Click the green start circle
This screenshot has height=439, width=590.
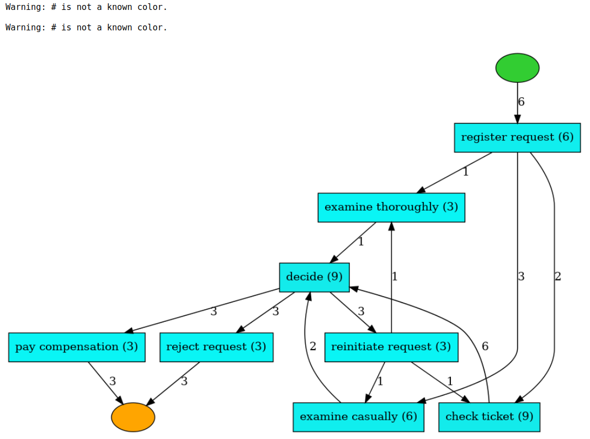pyautogui.click(x=517, y=68)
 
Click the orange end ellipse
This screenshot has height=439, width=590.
pyautogui.click(x=133, y=417)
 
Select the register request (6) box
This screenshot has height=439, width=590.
pyautogui.click(x=517, y=137)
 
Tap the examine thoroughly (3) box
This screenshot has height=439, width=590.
pyautogui.click(x=391, y=208)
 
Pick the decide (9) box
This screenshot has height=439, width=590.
pyautogui.click(x=314, y=277)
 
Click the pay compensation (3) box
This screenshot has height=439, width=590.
pyautogui.click(x=77, y=347)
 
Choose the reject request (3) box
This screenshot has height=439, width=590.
pyautogui.click(x=216, y=347)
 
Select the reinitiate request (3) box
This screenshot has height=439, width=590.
pyautogui.click(x=391, y=347)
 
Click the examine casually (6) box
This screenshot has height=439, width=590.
pyautogui.click(x=358, y=417)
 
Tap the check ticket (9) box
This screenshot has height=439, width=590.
pyautogui.click(x=489, y=417)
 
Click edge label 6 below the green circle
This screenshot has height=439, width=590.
pyautogui.click(x=522, y=102)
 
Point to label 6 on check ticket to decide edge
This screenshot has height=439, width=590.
pyautogui.click(x=485, y=347)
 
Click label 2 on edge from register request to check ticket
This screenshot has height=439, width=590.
pyautogui.click(x=558, y=277)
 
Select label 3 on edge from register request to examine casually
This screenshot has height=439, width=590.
pyautogui.click(x=522, y=277)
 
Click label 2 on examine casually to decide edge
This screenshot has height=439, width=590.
pyautogui.click(x=313, y=347)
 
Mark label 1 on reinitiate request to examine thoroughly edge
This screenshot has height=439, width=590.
pyautogui.click(x=395, y=277)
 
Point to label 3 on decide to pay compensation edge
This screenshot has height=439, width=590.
pyautogui.click(x=214, y=311)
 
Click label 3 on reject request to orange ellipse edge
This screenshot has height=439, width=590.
pyautogui.click(x=184, y=382)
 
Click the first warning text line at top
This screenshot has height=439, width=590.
pyautogui.click(x=86, y=8)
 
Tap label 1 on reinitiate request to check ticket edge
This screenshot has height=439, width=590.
pyautogui.click(x=450, y=382)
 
